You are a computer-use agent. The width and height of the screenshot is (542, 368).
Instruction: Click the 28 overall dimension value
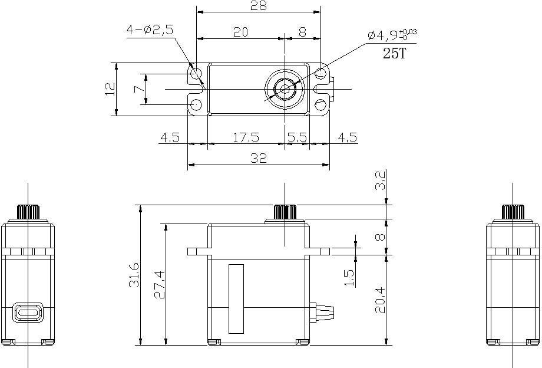point(259,6)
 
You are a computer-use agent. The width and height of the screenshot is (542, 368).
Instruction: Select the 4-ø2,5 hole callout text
point(150,30)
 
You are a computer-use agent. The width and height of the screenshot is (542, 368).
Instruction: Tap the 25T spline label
point(394,54)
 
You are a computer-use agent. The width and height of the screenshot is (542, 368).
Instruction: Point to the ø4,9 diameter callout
point(392,35)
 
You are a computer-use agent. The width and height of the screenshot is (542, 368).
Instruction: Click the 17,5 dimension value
point(246,137)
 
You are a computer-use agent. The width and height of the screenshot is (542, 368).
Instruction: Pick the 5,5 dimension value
point(297,137)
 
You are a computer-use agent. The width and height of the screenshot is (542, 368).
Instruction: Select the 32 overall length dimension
point(259,158)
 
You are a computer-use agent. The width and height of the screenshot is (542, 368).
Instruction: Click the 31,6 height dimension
point(134,275)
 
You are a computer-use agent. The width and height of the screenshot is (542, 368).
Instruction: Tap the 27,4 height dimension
point(160,285)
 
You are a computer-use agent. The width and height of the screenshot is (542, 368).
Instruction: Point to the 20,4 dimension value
point(380,300)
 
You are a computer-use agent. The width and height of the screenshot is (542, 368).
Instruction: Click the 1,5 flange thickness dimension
point(349,278)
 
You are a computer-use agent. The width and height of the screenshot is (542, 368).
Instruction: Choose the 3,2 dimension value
point(380,181)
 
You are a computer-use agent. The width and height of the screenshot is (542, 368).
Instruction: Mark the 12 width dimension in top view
point(110,89)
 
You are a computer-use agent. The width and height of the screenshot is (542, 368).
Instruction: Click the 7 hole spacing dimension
point(139,89)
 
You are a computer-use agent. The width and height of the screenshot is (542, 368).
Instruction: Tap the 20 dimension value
point(240,32)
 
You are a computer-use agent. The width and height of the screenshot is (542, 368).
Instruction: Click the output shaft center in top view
point(285,89)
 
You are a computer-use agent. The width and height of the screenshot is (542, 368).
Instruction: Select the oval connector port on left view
point(28,313)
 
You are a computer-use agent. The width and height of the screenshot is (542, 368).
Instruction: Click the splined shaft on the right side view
point(513,212)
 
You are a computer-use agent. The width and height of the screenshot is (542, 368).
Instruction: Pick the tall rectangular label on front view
point(236,299)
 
